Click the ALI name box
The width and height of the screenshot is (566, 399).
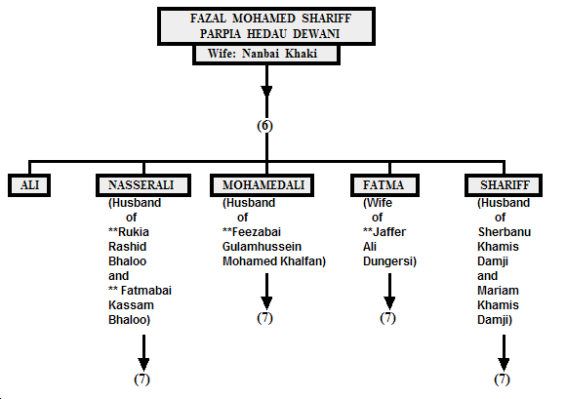point(29,185)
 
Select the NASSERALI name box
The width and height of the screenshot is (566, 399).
point(143,185)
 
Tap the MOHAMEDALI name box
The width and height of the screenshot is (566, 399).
point(263,185)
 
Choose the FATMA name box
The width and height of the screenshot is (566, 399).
point(384,185)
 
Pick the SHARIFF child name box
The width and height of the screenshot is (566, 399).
point(504,185)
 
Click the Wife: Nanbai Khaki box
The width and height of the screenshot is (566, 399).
point(266,54)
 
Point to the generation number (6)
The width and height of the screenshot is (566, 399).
point(265,126)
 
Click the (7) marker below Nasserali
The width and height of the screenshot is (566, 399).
point(141,379)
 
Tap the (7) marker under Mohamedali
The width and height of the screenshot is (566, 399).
point(265,318)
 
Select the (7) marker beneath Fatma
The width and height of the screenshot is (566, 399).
point(388,318)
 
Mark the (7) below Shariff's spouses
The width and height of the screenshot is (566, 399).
point(503,379)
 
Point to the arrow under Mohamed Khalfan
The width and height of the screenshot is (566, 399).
point(266,292)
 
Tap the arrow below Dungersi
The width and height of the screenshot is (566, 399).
point(389,292)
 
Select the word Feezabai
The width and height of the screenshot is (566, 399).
point(257,232)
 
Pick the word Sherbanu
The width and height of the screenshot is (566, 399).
point(505,232)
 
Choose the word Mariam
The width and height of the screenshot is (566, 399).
point(498,291)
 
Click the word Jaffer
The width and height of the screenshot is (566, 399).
point(389,232)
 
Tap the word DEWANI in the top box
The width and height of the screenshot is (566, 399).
point(316,34)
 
